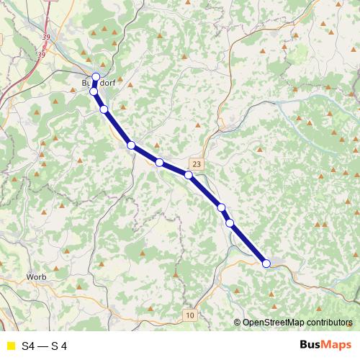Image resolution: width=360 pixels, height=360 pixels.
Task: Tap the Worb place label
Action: point(36,276)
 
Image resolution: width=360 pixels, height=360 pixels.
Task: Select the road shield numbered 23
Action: point(197,164)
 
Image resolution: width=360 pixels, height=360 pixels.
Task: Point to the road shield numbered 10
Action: point(189,315)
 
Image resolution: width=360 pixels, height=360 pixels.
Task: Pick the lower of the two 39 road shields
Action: point(41,55)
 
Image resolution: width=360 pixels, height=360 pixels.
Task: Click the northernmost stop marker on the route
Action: point(96,77)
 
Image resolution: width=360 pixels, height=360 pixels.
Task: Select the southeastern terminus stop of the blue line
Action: point(266,264)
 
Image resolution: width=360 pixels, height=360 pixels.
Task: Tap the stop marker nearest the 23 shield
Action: point(189,175)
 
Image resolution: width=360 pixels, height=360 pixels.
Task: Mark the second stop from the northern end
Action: point(94,91)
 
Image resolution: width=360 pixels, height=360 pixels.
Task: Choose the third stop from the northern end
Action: point(104,109)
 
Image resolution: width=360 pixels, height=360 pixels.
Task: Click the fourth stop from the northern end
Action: point(131,145)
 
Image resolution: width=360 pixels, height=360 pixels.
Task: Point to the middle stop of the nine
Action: point(159,163)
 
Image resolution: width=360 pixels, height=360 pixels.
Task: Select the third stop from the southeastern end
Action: point(222,207)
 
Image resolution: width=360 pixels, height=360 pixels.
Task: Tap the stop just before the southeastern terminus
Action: point(230,223)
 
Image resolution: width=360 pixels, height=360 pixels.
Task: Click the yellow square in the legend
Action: point(10,346)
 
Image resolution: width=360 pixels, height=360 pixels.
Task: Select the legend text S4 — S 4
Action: point(45,346)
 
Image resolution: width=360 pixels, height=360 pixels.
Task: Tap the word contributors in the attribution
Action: point(332,323)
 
